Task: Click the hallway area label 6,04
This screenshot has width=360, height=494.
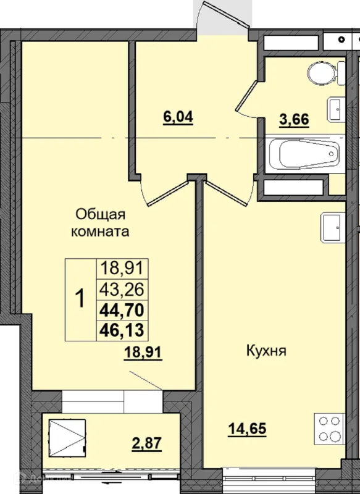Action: pos(178,117)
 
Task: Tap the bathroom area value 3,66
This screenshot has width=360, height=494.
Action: pos(294,120)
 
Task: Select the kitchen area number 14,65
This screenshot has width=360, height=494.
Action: pos(247,429)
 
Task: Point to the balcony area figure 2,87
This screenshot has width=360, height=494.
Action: pos(146,443)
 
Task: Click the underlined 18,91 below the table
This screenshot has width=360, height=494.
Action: pos(143,352)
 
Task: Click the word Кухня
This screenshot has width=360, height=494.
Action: pos(266,351)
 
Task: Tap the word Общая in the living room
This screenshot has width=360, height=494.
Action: pos(101,216)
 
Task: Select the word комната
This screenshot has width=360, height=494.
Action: pos(100,232)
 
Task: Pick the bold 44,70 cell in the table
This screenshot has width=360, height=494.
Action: pos(122,311)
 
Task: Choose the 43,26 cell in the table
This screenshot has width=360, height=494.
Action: pos(122,289)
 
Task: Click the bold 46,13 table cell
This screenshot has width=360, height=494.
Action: pos(122,330)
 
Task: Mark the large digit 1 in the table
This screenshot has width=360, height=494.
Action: pos(80,299)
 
